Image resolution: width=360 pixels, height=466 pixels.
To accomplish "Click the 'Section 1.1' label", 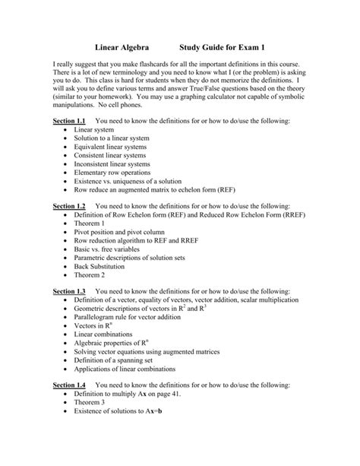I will point(69,122).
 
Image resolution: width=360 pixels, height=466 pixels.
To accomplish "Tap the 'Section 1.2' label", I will point(69,206).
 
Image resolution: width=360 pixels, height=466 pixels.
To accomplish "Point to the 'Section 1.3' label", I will point(69,291).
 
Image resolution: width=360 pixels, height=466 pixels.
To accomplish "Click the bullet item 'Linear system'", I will point(94,131).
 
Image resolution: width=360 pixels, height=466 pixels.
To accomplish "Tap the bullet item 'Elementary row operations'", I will point(112,173).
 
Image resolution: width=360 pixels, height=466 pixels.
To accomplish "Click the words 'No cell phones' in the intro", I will point(121,106).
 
